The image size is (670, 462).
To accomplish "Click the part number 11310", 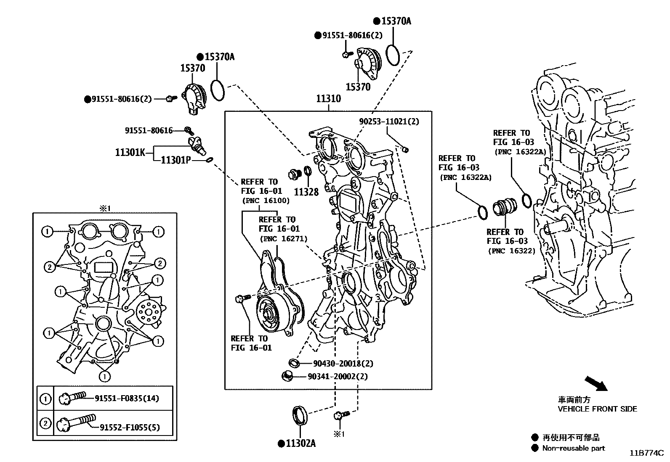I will (328, 99).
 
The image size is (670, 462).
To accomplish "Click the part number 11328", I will (306, 192).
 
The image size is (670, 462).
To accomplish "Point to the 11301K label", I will (130, 152).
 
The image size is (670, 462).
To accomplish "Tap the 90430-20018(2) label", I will (343, 364).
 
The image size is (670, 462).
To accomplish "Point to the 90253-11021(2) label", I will (389, 121).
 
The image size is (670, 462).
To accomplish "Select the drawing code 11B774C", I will (646, 453).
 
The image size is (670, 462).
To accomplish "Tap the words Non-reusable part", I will (573, 448).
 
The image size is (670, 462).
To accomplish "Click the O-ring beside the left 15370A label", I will (218, 90).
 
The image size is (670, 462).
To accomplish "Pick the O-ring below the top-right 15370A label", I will (393, 55).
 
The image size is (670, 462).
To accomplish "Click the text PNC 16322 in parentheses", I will (511, 251).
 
